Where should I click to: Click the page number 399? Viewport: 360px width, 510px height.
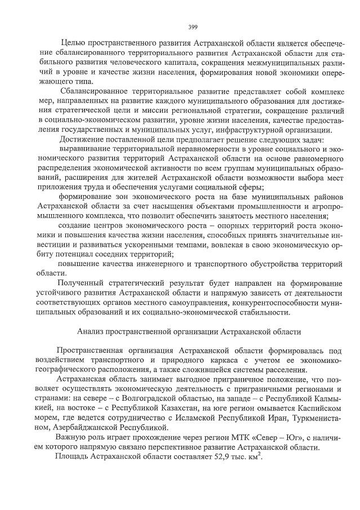192,26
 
